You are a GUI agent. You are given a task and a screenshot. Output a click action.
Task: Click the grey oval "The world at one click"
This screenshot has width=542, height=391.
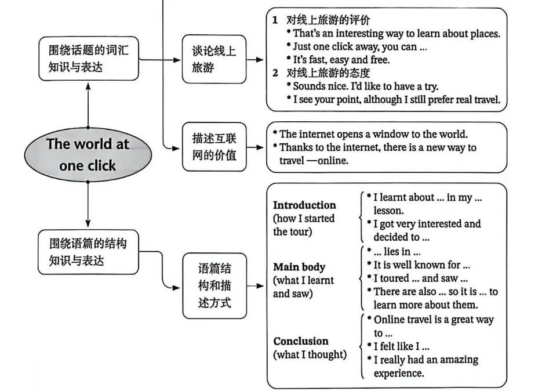pos(88,155)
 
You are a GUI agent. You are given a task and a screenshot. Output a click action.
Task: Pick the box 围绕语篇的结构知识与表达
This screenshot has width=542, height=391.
pos(88,252)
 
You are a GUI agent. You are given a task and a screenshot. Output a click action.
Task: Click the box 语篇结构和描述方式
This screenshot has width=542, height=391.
pos(214,285)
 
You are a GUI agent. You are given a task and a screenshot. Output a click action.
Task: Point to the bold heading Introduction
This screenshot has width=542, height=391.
pos(304,205)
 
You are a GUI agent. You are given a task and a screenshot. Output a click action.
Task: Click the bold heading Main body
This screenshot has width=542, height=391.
pos(299,267)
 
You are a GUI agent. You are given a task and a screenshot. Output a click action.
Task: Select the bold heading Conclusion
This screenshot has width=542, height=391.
pos(301,341)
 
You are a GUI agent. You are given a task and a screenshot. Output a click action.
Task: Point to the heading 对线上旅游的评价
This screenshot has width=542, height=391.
pos(328,21)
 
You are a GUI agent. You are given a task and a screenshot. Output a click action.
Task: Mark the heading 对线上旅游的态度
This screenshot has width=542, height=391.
pos(328,73)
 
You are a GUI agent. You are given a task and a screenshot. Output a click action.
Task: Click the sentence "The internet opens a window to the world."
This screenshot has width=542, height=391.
pos(373,134)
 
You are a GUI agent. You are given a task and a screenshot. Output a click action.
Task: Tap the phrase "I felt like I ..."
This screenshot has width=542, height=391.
pos(401,346)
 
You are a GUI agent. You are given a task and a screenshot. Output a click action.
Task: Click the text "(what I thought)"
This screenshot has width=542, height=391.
pos(310,354)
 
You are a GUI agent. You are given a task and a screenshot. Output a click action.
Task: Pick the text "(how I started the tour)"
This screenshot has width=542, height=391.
pos(304,225)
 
